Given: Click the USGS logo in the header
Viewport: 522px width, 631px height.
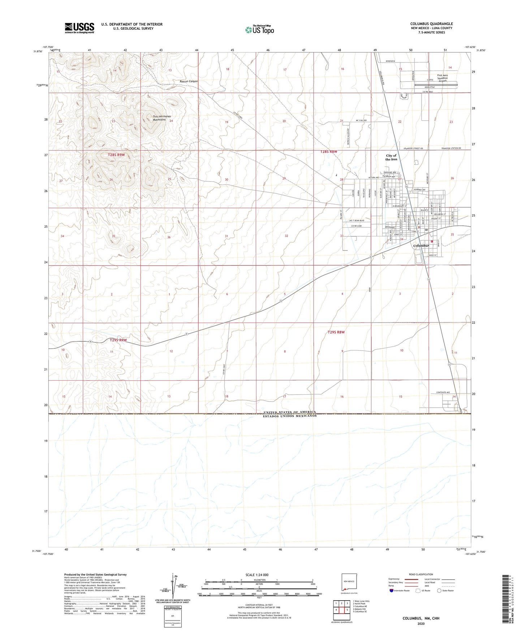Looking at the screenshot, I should [x=79, y=28].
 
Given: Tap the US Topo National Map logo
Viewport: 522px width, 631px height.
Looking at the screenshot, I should [x=259, y=29].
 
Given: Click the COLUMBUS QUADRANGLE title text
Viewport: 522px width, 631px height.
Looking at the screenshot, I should [x=431, y=24].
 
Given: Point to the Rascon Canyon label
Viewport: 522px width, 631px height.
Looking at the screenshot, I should [x=189, y=81].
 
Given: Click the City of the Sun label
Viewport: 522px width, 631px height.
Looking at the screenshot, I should [x=391, y=158].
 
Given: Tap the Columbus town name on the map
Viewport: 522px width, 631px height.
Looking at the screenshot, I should [x=421, y=246].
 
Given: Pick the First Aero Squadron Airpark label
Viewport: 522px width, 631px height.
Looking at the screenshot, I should [x=442, y=78].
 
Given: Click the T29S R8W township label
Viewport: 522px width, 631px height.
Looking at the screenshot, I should [x=336, y=332].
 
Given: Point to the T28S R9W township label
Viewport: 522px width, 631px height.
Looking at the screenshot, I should [x=116, y=155].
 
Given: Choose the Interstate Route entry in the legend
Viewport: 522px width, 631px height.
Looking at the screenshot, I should [x=399, y=591].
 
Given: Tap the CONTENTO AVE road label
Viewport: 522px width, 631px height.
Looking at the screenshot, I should [x=443, y=392].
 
